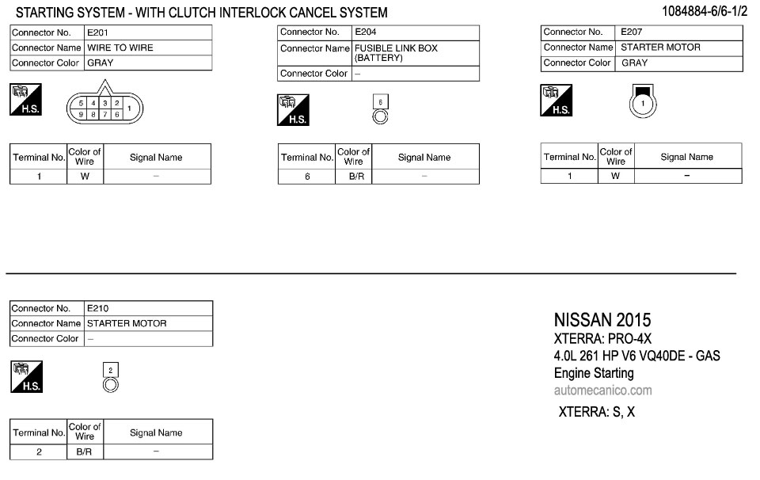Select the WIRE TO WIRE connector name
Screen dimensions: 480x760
(x=120, y=48)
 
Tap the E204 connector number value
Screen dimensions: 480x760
(x=366, y=32)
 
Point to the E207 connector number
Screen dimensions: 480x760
(x=632, y=32)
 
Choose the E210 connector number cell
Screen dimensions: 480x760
(x=99, y=308)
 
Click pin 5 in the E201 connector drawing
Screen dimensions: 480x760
(x=82, y=104)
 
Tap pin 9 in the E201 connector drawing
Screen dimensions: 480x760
(x=82, y=115)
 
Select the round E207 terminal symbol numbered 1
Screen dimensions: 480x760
(x=644, y=104)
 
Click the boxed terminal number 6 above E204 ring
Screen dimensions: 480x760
(x=380, y=102)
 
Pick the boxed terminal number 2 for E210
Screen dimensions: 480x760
(x=111, y=370)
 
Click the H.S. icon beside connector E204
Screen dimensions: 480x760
(x=293, y=110)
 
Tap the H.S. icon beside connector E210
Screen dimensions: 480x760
(x=26, y=376)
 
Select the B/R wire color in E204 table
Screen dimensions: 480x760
(x=356, y=177)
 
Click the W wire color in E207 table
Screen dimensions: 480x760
(x=616, y=176)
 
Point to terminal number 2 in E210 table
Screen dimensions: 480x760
(x=40, y=451)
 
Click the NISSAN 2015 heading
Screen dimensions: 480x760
(x=602, y=320)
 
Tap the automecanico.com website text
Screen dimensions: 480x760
(x=602, y=390)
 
